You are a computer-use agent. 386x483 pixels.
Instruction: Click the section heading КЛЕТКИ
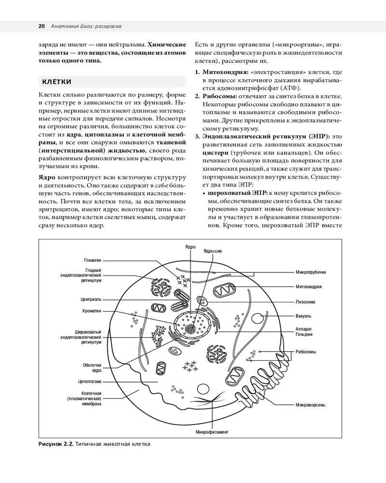click(x=57, y=81)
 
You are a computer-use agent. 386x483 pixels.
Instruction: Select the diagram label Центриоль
click(x=91, y=299)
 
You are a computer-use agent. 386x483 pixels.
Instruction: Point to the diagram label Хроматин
click(x=92, y=312)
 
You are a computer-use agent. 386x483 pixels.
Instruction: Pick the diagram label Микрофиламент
click(x=211, y=431)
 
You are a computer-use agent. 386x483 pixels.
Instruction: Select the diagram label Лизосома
click(x=305, y=302)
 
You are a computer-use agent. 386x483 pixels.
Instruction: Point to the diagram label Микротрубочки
click(x=311, y=272)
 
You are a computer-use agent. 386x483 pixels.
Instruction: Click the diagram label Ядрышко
click(x=213, y=251)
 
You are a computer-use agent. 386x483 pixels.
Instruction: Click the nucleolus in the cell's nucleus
click(x=192, y=328)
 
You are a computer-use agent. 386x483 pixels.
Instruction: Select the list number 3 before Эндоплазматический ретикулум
click(x=197, y=137)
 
